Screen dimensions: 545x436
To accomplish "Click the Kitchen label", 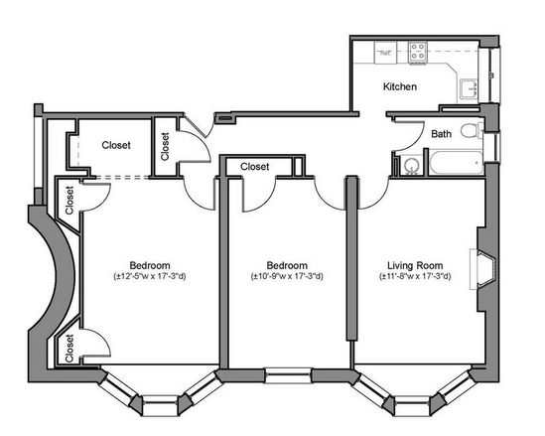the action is (400, 86).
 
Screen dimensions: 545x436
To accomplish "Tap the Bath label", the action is (442, 134).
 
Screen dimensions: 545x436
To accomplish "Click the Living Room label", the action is (415, 266).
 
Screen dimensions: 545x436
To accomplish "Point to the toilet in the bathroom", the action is (472, 131).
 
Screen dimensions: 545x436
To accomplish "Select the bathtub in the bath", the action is (457, 163).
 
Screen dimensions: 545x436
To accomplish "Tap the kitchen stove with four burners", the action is (418, 53).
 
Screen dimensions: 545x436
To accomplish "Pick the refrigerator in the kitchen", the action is (385, 53).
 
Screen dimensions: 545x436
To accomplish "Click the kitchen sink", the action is (469, 88).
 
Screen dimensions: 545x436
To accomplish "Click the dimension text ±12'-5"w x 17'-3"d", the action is (150, 277).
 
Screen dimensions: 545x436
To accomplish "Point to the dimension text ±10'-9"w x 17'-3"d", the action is (287, 277).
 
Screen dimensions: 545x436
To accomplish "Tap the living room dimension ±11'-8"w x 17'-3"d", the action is (415, 277).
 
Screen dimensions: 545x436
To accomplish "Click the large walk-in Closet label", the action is (116, 145).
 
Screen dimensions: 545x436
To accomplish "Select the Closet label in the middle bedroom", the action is (255, 167).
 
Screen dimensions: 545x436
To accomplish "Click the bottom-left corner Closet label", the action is (69, 348).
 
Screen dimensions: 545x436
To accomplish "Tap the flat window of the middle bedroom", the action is (288, 375).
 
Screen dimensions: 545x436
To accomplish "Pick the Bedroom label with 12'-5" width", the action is (150, 266).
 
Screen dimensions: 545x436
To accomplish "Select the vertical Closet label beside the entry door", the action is (165, 146).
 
